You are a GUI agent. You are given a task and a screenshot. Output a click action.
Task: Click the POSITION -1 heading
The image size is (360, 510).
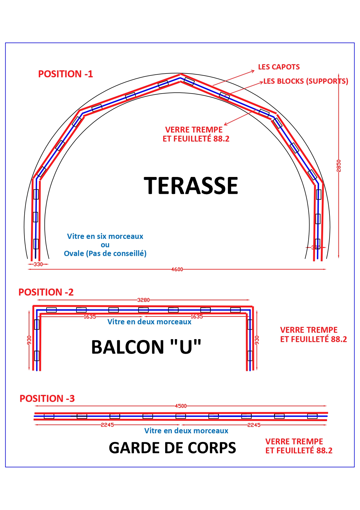click(66, 74)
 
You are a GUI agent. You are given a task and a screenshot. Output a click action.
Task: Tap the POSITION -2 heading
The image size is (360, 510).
click(46, 292)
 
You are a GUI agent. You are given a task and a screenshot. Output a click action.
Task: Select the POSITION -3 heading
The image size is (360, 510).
click(47, 398)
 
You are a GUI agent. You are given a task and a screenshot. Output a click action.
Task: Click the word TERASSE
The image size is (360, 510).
click(191, 186)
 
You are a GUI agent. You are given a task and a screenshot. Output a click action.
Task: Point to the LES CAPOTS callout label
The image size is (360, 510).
click(279, 67)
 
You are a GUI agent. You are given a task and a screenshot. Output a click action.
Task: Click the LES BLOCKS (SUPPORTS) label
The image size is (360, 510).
click(306, 81)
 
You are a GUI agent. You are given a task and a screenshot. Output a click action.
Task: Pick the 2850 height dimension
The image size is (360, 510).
click(339, 166)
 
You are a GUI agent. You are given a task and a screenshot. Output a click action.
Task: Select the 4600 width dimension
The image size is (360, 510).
click(177, 269)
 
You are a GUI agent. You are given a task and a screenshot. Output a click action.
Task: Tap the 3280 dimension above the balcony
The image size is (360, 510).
click(143, 300)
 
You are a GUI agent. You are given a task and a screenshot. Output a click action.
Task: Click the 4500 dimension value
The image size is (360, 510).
click(181, 406)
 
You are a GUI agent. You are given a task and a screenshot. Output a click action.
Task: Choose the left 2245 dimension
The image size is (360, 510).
click(107, 425)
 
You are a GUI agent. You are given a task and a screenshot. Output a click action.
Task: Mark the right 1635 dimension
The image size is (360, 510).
click(197, 317)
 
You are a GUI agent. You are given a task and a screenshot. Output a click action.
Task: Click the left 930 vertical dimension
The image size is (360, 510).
click(29, 340)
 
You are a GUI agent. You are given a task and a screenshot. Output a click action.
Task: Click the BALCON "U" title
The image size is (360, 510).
click(146, 347)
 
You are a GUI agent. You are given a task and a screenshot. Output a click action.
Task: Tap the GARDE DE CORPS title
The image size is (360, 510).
click(172, 448)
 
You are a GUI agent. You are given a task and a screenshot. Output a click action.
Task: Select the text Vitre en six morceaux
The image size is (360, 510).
click(105, 236)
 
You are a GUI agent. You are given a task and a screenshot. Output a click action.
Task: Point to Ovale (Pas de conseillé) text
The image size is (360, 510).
click(105, 253)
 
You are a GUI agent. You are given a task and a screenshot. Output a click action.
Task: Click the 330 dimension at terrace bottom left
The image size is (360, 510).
click(38, 264)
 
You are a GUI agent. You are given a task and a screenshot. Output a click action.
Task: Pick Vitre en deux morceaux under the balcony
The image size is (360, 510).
click(150, 322)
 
